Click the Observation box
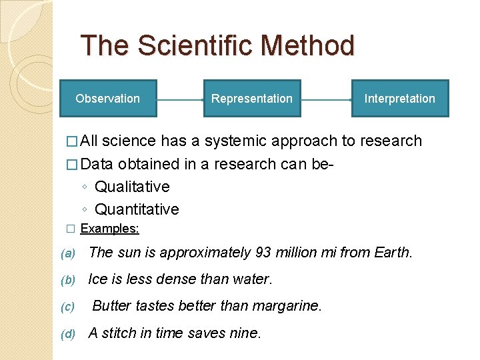(x=107, y=99)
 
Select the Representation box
(x=251, y=99)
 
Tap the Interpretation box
(x=399, y=99)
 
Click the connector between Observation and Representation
(x=179, y=99)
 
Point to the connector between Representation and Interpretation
(x=326, y=99)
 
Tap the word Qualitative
(x=132, y=187)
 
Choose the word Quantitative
(x=137, y=209)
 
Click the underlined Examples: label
(x=109, y=229)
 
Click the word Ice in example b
(x=98, y=279)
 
